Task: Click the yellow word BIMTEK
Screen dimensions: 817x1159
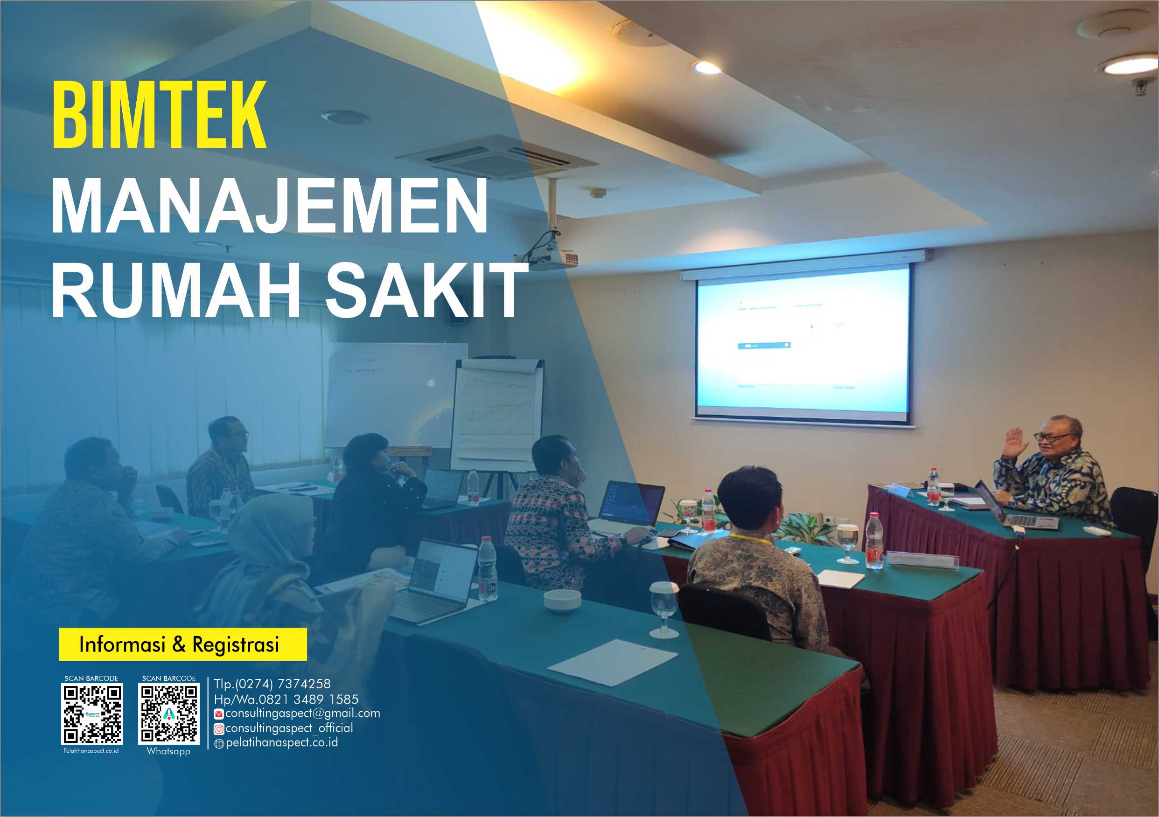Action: [159, 115]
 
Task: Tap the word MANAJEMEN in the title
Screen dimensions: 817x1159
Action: [269, 207]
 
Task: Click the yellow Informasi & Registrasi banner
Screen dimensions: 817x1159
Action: [183, 644]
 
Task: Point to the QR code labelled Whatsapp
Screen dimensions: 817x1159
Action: [168, 714]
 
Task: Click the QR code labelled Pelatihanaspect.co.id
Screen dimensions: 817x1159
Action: [92, 714]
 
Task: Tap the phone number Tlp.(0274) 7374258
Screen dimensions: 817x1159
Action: [272, 684]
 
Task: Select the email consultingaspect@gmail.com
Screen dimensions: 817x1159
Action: [302, 713]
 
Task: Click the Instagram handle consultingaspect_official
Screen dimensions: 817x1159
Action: [289, 727]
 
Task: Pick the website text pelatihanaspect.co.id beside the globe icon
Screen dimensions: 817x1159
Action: [282, 742]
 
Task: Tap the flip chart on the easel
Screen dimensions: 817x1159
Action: [497, 414]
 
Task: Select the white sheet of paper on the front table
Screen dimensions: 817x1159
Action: [612, 662]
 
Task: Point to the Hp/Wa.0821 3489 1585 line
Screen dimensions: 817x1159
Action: [286, 699]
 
